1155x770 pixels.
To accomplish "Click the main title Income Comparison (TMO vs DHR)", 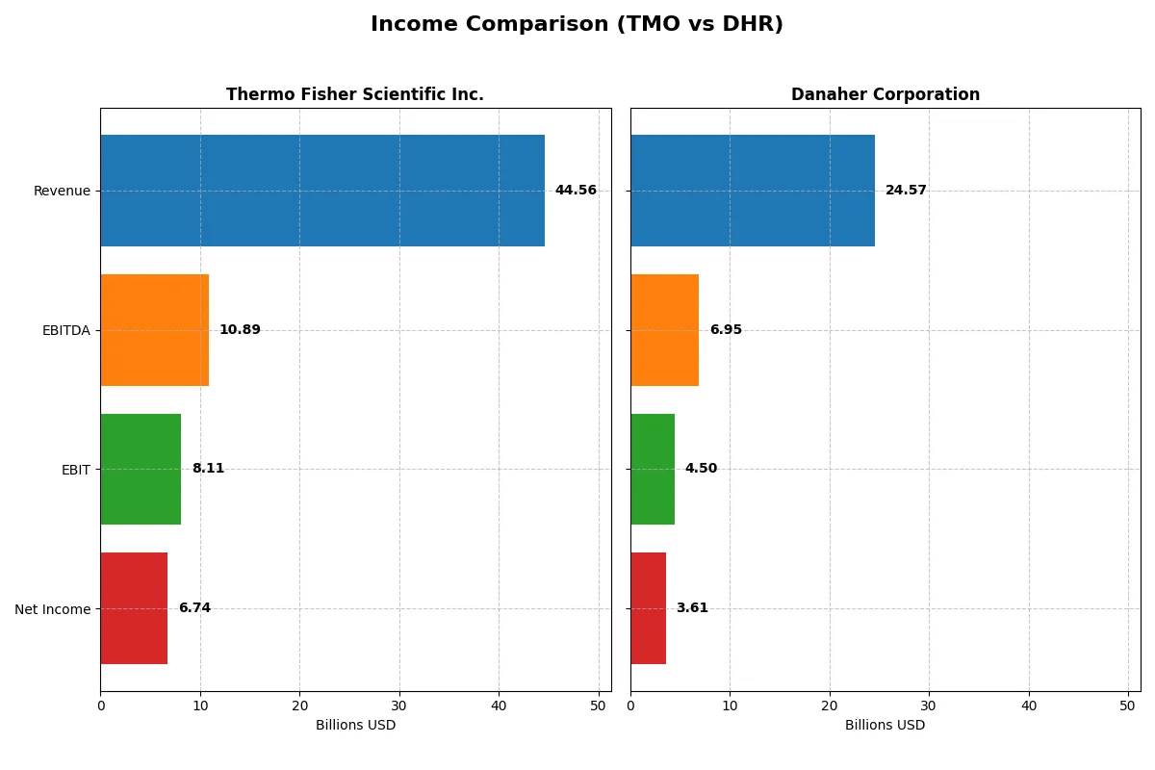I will coord(577,25).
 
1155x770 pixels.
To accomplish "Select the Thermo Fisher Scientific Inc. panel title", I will coord(355,94).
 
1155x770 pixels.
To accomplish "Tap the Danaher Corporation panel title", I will coord(885,94).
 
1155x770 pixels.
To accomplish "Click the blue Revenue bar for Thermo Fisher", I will coord(322,191).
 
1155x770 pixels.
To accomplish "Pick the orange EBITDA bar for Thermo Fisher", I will coord(155,330).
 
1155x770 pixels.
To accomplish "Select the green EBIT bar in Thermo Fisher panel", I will coord(141,469).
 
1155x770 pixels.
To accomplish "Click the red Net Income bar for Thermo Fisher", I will coord(134,608).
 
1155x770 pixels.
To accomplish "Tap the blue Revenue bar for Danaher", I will coord(753,191).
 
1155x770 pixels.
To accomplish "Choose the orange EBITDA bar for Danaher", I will coord(665,330).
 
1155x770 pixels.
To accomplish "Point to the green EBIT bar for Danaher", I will coord(653,469).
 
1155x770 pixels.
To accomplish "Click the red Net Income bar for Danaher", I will coord(648,608).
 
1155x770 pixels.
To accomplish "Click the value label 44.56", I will coord(576,191).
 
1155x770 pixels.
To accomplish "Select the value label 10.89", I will coord(240,330).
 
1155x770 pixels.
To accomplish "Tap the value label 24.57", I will coord(906,191).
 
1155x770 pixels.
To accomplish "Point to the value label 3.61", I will coord(692,608).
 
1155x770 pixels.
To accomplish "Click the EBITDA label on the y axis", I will coord(66,330).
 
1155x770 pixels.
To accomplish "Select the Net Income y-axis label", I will coord(53,608).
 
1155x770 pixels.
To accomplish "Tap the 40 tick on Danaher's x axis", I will coord(1029,706).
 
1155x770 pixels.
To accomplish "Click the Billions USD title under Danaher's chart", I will coord(885,725).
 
